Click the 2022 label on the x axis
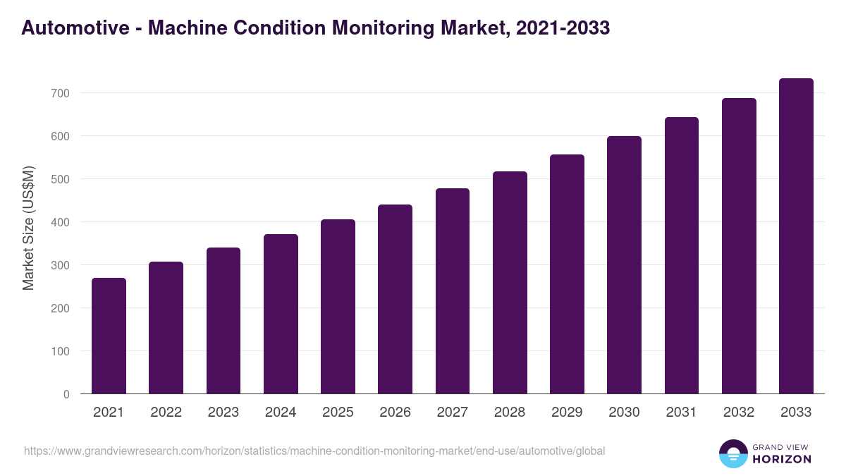coord(166,413)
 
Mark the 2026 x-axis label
coord(395,413)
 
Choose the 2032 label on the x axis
coord(739,413)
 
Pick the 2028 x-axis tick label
coord(510,413)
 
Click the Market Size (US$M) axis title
coord(28,228)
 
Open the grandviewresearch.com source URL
coord(314,451)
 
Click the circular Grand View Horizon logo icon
coord(733,453)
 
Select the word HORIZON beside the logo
coord(782,459)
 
